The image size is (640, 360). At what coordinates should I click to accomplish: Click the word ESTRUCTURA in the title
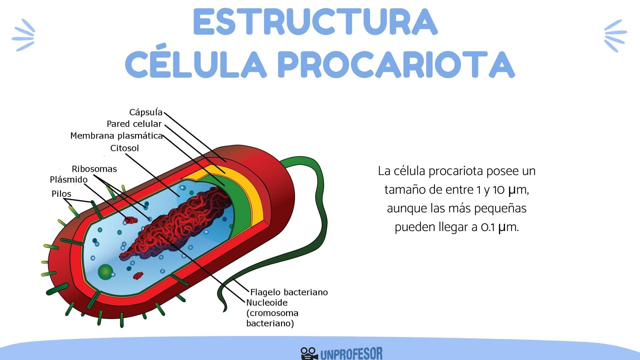point(315,22)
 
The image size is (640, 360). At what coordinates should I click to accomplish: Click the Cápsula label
point(146,112)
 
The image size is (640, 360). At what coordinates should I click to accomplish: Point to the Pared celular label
point(134,124)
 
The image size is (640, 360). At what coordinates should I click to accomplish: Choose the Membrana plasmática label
point(116,136)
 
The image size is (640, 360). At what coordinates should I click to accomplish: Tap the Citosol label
point(124,148)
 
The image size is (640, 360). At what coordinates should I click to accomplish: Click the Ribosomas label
point(94,169)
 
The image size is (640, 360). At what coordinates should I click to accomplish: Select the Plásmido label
point(69,180)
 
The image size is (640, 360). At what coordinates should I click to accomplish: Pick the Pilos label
point(61,194)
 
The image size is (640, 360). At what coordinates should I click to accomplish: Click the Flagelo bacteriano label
point(289,292)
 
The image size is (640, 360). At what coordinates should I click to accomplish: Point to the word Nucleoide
point(267,303)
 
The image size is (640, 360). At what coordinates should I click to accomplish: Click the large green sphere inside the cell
point(105,272)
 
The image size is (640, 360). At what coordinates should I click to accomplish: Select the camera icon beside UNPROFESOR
point(308,354)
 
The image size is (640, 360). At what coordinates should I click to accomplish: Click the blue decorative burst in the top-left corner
point(23,35)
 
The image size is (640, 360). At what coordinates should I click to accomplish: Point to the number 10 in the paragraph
point(498,190)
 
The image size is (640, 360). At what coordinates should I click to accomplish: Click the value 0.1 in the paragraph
point(488,227)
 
